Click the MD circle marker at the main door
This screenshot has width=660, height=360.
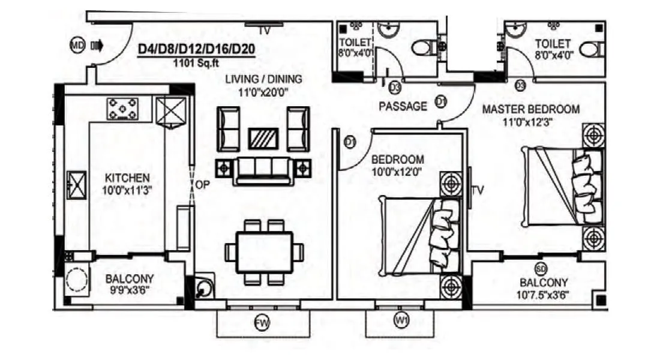(77, 46)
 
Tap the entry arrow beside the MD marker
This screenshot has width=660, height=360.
(97, 46)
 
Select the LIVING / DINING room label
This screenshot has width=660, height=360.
(264, 79)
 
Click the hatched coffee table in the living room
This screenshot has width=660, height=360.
(263, 139)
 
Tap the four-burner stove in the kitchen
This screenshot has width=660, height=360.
(122, 109)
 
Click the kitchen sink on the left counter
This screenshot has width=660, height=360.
(77, 184)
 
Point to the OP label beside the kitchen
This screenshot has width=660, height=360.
(202, 185)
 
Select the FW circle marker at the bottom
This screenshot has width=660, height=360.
(260, 324)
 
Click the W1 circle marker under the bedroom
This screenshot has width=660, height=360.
(401, 322)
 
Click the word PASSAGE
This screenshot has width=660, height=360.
(403, 106)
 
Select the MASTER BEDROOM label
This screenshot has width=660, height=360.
(531, 109)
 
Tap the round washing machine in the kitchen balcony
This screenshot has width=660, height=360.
(77, 280)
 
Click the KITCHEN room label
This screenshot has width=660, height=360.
(127, 178)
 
